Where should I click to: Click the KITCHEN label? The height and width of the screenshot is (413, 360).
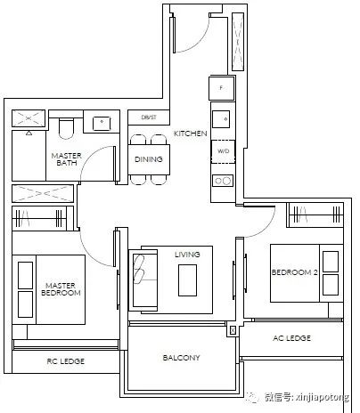click(191, 134)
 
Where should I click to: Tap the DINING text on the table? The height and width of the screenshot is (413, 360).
click(149, 159)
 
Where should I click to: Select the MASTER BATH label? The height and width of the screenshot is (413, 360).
click(66, 159)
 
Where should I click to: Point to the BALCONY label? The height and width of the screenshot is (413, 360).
click(181, 358)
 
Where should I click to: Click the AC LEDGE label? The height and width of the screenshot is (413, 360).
click(291, 338)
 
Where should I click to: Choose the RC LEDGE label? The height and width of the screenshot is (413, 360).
click(66, 361)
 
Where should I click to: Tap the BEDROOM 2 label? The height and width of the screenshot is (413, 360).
click(295, 272)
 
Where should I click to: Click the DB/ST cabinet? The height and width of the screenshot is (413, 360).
click(149, 117)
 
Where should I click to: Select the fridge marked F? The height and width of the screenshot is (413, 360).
click(221, 88)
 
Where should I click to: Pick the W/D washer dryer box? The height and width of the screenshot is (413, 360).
click(223, 151)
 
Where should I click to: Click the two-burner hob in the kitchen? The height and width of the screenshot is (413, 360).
click(223, 181)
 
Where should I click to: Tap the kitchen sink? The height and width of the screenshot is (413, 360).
click(221, 119)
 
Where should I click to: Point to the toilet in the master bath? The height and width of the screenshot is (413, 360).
click(66, 129)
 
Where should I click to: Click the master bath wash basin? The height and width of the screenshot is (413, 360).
click(102, 124)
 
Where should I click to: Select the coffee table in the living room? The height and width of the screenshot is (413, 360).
click(187, 280)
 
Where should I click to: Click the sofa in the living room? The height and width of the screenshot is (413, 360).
click(143, 280)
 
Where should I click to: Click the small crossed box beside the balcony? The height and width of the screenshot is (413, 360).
click(233, 330)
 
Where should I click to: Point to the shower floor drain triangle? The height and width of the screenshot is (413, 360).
click(29, 134)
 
